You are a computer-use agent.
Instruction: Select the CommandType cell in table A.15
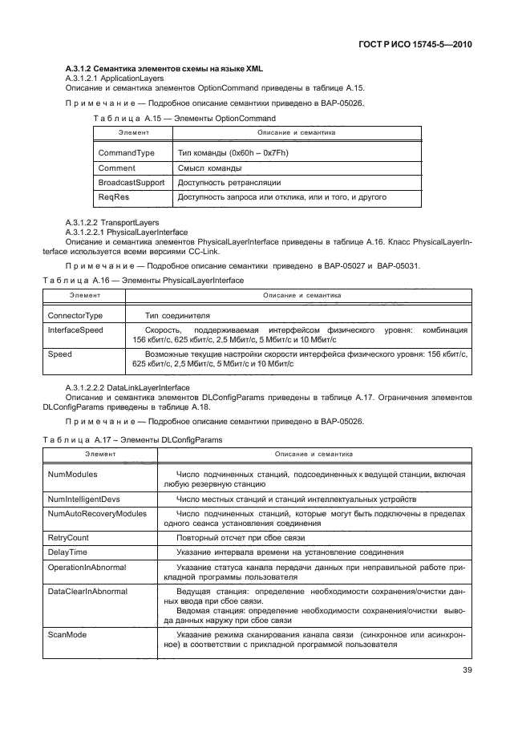pyautogui.click(x=126, y=152)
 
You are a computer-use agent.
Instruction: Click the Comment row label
pyautogui.click(x=116, y=168)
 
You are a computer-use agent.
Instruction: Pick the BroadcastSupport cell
pyautogui.click(x=131, y=182)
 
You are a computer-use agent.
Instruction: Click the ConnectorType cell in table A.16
pyautogui.click(x=75, y=316)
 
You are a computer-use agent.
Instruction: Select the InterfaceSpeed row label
pyautogui.click(x=75, y=330)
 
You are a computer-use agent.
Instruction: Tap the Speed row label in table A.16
pyautogui.click(x=60, y=354)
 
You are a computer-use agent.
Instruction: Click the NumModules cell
pyautogui.click(x=75, y=475)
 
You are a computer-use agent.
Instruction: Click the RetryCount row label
pyautogui.click(x=71, y=537)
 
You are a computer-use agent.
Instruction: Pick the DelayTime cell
pyautogui.click(x=67, y=552)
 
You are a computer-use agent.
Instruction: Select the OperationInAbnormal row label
pyautogui.click(x=89, y=566)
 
